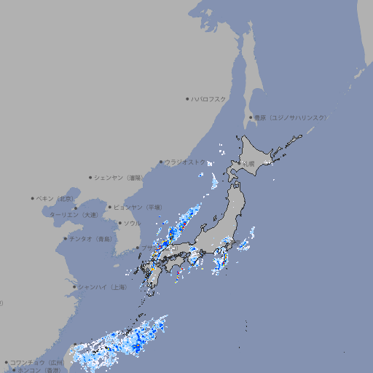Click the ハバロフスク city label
(x=209, y=98)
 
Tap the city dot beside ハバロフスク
(x=188, y=98)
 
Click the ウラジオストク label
(x=185, y=162)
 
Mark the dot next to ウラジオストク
(x=162, y=162)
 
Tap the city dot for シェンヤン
(x=91, y=177)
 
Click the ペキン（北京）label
(x=56, y=198)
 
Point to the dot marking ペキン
(x=33, y=198)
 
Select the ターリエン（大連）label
(x=74, y=215)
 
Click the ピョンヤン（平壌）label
(x=138, y=207)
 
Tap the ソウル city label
(x=132, y=223)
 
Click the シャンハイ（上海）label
(x=103, y=287)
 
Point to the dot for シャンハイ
(x=74, y=287)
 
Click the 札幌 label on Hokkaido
(x=249, y=164)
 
